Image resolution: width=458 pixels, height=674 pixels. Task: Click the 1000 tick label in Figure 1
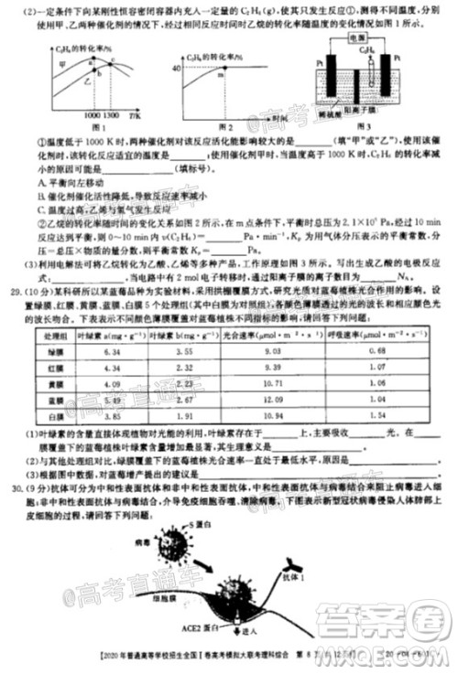tap(88, 118)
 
